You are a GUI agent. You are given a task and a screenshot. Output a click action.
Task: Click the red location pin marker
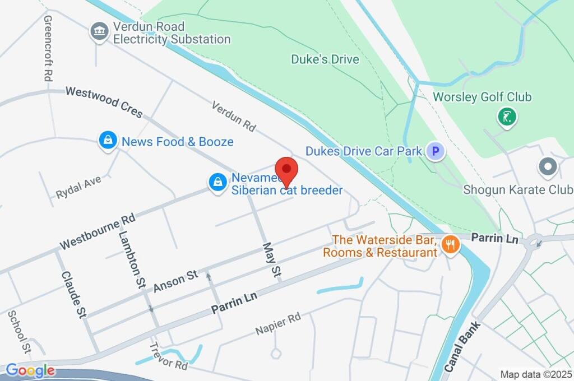tap(287, 171)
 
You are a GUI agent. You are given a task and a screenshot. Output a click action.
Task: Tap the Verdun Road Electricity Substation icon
tap(100, 32)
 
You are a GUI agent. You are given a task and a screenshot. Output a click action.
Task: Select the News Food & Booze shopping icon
tap(107, 141)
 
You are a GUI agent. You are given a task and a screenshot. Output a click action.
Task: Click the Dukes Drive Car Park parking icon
tap(435, 151)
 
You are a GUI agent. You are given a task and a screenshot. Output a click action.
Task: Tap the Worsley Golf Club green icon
tap(507, 117)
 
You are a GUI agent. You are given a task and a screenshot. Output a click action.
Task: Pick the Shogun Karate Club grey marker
tap(548, 167)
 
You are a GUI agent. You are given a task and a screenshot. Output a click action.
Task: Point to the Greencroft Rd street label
tap(48, 48)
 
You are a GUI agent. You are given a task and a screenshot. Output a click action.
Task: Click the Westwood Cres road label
tap(104, 101)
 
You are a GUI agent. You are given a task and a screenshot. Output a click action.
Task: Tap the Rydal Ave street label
tap(78, 187)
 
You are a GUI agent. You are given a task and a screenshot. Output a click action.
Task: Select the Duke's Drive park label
tap(325, 59)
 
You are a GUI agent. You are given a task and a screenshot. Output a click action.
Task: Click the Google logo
tap(30, 370)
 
